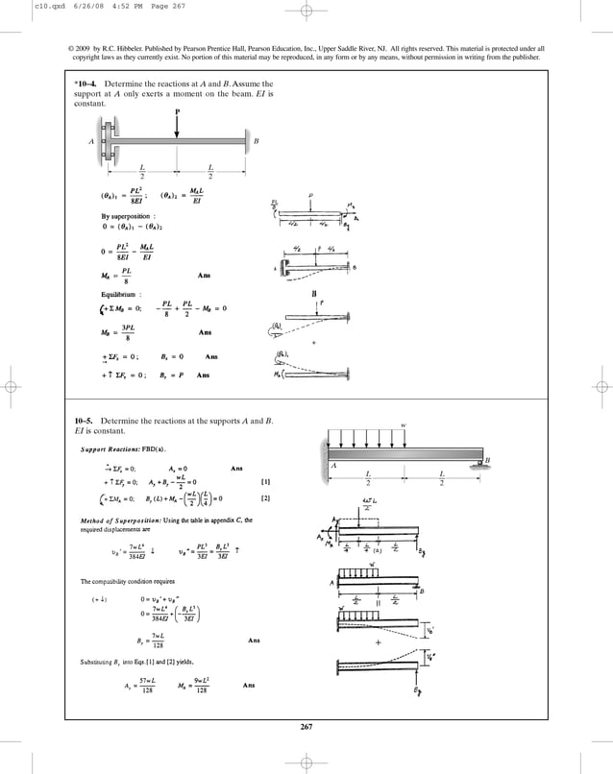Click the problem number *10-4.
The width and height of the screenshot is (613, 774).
click(x=86, y=85)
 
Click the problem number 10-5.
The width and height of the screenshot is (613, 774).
click(x=86, y=421)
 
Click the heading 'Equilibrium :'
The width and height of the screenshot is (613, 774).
click(x=108, y=293)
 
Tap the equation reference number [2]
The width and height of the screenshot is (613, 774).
click(x=265, y=499)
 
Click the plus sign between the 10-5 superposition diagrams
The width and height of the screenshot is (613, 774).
click(x=378, y=641)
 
